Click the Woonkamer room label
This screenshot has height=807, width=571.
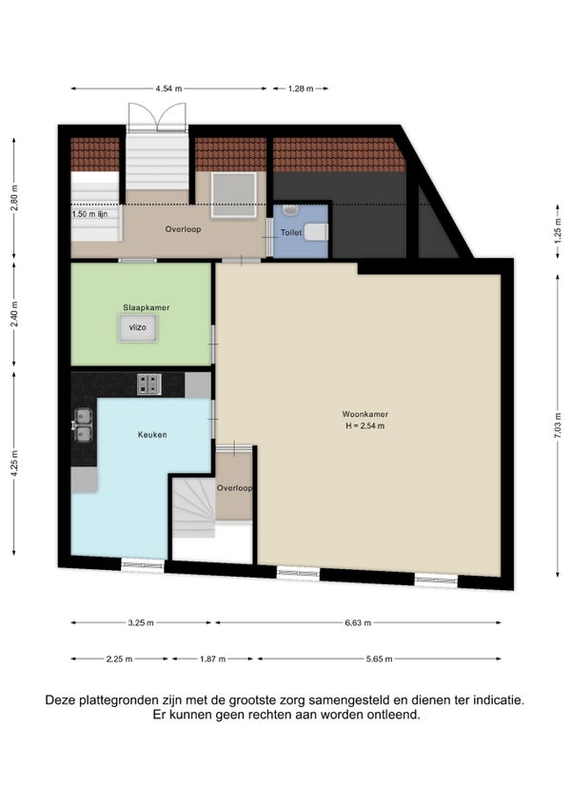point(365,414)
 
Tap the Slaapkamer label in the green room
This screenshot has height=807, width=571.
point(147,307)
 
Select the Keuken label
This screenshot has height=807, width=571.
point(152,434)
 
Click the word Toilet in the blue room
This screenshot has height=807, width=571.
point(291,232)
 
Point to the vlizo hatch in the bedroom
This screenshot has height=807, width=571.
point(138,327)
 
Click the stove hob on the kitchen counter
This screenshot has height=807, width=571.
point(149,384)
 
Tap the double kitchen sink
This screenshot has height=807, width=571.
point(83,425)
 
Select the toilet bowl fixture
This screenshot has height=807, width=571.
point(316,232)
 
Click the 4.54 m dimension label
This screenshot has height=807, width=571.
point(168,89)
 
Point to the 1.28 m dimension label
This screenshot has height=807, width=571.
point(301,89)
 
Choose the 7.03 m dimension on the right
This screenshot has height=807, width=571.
point(558,425)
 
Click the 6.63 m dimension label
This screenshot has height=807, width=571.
point(358,622)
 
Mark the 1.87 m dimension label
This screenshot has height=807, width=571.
point(212,659)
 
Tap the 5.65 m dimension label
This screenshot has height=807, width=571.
point(380,659)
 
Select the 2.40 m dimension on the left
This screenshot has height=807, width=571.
point(14,314)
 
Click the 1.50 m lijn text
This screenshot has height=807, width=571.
point(89,214)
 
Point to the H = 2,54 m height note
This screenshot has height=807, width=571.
point(365,425)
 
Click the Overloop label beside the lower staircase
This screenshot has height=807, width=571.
point(234,488)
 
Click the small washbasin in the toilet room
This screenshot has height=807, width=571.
point(290,210)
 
